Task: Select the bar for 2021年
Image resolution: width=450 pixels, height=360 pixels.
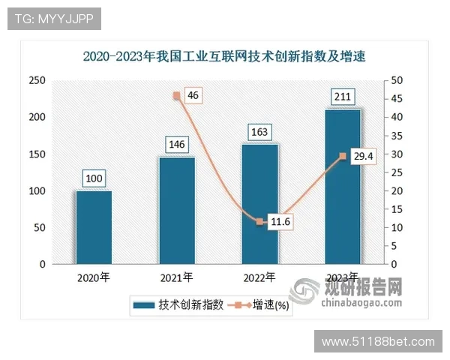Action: tap(177, 211)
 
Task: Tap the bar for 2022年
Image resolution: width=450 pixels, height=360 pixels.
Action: tap(260, 204)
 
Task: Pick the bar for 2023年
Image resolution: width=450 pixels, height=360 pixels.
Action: tap(343, 187)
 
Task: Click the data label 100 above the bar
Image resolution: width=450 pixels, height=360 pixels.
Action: tap(94, 178)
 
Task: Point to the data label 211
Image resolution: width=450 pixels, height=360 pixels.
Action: tap(343, 96)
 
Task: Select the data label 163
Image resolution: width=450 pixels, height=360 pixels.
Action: tap(259, 132)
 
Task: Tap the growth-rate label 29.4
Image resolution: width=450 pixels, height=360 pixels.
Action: tap(363, 156)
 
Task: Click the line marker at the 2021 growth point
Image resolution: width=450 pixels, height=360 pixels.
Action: tap(177, 95)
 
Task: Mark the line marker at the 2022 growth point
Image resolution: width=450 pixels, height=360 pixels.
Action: tap(259, 222)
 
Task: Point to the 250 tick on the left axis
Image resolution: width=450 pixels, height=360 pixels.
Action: tap(37, 80)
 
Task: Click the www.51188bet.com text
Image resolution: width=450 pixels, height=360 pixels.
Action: tap(378, 342)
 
